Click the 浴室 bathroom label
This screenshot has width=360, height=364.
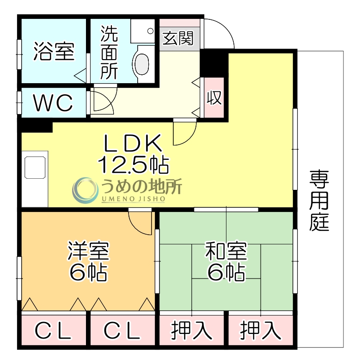(x=54, y=52)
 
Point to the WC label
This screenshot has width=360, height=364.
(x=54, y=103)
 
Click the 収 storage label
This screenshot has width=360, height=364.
(x=214, y=98)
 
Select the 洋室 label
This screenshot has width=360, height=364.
(x=88, y=251)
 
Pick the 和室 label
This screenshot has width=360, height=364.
(x=226, y=251)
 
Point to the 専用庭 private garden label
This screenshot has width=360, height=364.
(x=320, y=200)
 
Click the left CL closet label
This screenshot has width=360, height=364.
(x=54, y=331)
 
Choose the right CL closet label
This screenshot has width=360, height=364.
(x=122, y=331)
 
